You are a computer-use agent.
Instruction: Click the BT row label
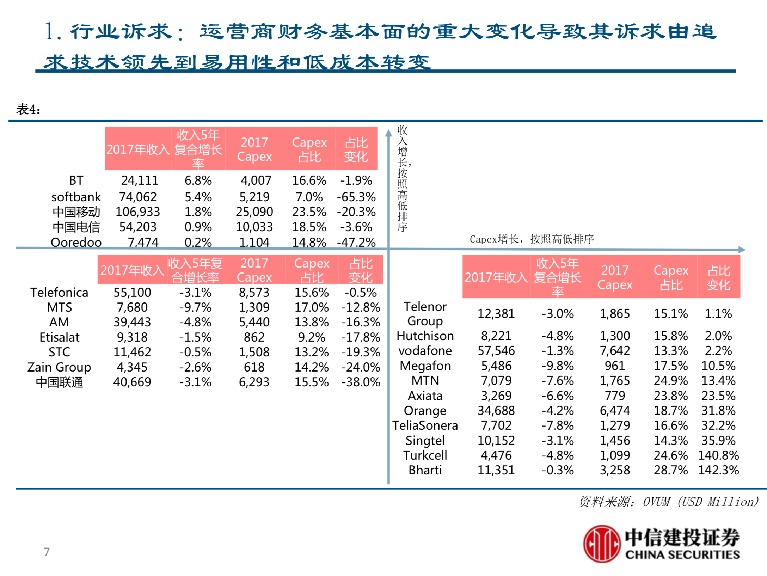pyautogui.click(x=76, y=180)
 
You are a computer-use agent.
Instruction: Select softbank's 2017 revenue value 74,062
pyautogui.click(x=137, y=197)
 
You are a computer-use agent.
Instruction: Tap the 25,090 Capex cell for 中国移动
pyautogui.click(x=254, y=212)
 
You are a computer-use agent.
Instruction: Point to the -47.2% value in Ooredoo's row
pyautogui.click(x=356, y=242)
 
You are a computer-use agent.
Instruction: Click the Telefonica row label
pyautogui.click(x=59, y=293)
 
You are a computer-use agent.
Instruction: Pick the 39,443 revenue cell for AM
pyautogui.click(x=132, y=322)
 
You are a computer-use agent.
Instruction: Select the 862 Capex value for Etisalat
pyautogui.click(x=254, y=337)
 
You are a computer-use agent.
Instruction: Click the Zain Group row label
pyautogui.click(x=59, y=367)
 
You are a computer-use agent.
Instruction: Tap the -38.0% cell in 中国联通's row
pyautogui.click(x=361, y=382)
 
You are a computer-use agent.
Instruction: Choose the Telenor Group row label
pyautogui.click(x=425, y=314)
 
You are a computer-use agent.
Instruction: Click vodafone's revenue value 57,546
pyautogui.click(x=496, y=351)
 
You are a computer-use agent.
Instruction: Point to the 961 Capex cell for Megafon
pyautogui.click(x=615, y=366)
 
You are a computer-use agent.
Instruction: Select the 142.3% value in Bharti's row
pyautogui.click(x=718, y=470)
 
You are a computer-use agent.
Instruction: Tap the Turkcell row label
pyautogui.click(x=425, y=455)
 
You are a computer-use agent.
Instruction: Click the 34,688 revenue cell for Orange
pyautogui.click(x=496, y=411)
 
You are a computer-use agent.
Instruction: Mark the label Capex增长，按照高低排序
pyautogui.click(x=532, y=239)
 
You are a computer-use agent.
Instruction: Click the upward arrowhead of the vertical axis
pyautogui.click(x=388, y=133)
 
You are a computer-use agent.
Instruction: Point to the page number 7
pyautogui.click(x=47, y=552)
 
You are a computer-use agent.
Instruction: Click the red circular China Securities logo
pyautogui.click(x=602, y=544)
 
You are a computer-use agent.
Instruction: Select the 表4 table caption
pyautogui.click(x=28, y=110)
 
